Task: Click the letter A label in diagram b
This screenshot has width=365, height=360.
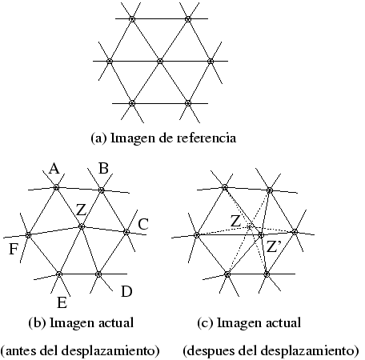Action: (54, 169)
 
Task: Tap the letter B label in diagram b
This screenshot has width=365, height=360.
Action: (103, 169)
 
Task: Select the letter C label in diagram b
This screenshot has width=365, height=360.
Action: (143, 224)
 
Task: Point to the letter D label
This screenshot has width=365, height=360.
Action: (126, 291)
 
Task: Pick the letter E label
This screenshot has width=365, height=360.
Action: (62, 303)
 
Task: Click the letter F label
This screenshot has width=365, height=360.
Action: (14, 250)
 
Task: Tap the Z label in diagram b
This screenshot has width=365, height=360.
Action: (82, 210)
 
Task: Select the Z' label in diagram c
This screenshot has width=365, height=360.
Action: (274, 246)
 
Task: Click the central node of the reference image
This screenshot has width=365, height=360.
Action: (160, 62)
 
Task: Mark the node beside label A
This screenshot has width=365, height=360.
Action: (56, 187)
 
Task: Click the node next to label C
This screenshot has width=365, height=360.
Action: (126, 232)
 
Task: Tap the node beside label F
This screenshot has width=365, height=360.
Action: (28, 235)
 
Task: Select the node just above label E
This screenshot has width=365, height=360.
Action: (59, 274)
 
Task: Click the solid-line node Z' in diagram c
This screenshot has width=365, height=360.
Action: (261, 235)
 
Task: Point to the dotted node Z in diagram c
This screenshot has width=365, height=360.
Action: (249, 227)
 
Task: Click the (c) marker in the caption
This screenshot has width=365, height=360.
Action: (206, 323)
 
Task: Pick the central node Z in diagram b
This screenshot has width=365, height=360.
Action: (82, 226)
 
